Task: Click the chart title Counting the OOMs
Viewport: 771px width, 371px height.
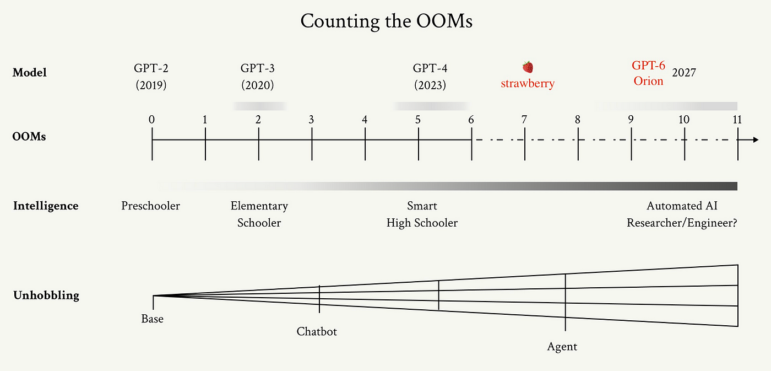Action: pos(386,21)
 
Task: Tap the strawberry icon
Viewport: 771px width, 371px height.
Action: pos(528,67)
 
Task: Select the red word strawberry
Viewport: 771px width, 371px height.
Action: pos(528,83)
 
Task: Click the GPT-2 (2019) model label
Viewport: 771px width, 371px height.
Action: pos(151,77)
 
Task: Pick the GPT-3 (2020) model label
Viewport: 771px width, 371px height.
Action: pos(258,77)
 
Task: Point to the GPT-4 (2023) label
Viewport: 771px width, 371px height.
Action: pos(430,77)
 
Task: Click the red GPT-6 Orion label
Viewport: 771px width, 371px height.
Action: pos(649,73)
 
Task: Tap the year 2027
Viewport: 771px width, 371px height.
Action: pos(684,73)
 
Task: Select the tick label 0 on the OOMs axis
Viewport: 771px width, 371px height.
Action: pos(151,120)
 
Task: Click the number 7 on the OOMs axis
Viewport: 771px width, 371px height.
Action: pos(524,120)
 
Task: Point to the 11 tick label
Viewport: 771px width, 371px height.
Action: pos(737,120)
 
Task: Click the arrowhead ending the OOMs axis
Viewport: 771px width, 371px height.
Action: pos(756,139)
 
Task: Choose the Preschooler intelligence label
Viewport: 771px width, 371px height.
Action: pos(150,206)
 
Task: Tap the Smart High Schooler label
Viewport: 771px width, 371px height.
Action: pos(422,214)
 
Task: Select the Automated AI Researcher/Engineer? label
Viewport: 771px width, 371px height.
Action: pos(682,214)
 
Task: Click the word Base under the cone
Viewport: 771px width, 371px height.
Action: pos(152,319)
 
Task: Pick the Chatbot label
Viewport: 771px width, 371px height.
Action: pos(317,331)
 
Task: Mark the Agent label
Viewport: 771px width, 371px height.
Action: pos(562,347)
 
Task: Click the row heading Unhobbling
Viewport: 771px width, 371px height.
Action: pos(46,295)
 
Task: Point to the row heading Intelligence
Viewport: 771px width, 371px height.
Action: pos(46,206)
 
